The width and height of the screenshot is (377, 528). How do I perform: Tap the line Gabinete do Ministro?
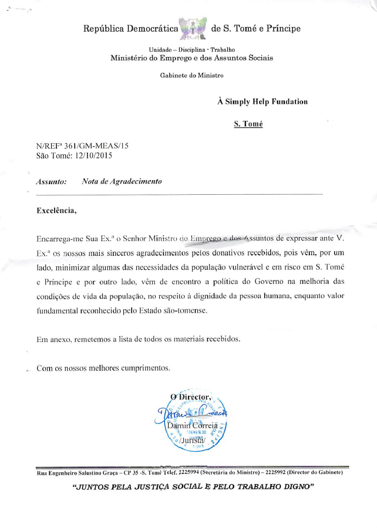tap(191, 75)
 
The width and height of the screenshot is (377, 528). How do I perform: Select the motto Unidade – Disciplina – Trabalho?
tap(192, 49)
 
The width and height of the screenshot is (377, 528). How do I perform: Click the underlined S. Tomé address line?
tap(248, 124)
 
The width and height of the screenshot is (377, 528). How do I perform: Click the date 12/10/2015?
tap(92, 155)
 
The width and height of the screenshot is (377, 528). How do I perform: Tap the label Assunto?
tap(52, 182)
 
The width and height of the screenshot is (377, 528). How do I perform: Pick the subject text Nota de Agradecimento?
tap(122, 181)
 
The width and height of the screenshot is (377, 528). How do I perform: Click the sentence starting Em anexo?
tap(138, 339)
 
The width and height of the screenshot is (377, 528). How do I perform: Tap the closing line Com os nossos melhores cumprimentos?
tap(103, 368)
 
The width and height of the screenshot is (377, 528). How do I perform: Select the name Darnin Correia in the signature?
tap(191, 424)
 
